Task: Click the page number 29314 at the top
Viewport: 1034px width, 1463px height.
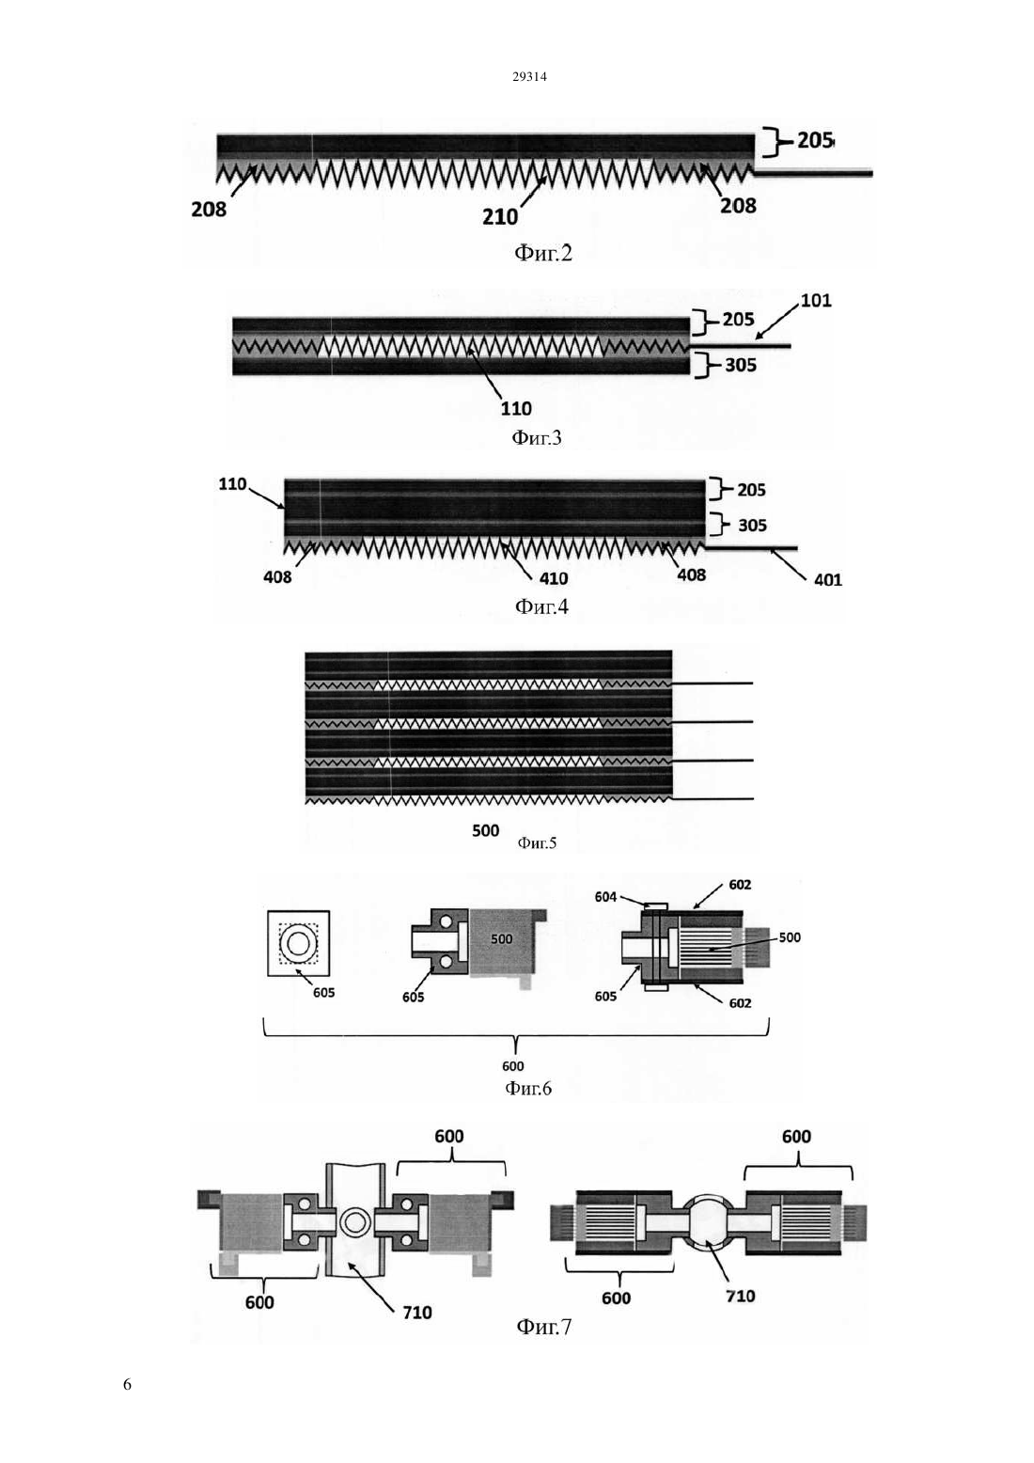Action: click(x=529, y=77)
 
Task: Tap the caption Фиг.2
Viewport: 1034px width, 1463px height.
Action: click(x=543, y=253)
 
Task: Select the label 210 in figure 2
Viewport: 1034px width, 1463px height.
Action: click(x=500, y=217)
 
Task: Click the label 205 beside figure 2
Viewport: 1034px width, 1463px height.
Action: click(x=815, y=140)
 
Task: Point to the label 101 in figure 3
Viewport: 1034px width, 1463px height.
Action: click(x=816, y=301)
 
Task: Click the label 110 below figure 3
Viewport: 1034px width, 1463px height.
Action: click(x=516, y=409)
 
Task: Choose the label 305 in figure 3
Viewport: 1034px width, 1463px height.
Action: click(x=741, y=365)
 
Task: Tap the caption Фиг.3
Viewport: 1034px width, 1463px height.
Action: click(x=536, y=437)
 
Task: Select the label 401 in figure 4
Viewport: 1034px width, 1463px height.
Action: click(x=828, y=579)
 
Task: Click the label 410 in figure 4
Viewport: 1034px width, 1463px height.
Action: click(x=554, y=578)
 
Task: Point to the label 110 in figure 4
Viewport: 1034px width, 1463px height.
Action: click(x=232, y=484)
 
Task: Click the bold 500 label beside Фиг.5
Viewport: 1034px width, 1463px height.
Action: click(x=486, y=831)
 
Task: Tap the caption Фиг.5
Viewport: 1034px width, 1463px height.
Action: click(x=538, y=842)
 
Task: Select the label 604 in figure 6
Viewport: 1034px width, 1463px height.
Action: click(x=605, y=897)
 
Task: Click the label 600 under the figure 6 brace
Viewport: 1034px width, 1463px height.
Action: click(x=513, y=1066)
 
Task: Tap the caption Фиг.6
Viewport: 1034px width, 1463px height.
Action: click(x=528, y=1088)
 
